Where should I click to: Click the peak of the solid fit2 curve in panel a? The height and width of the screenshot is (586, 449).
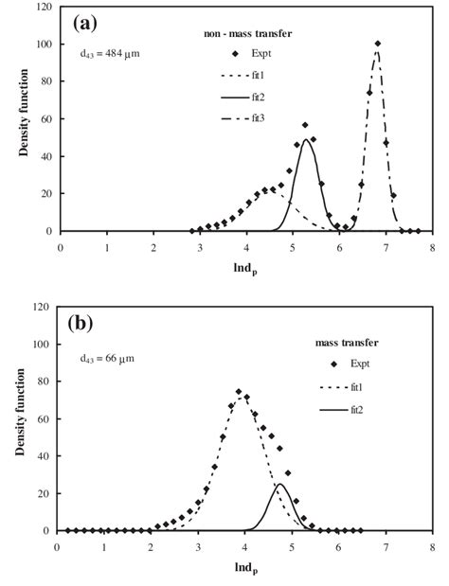tap(306, 140)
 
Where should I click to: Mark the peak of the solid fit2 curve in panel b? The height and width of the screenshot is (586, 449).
tap(279, 485)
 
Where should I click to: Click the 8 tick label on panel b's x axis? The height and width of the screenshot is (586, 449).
tap(432, 545)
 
